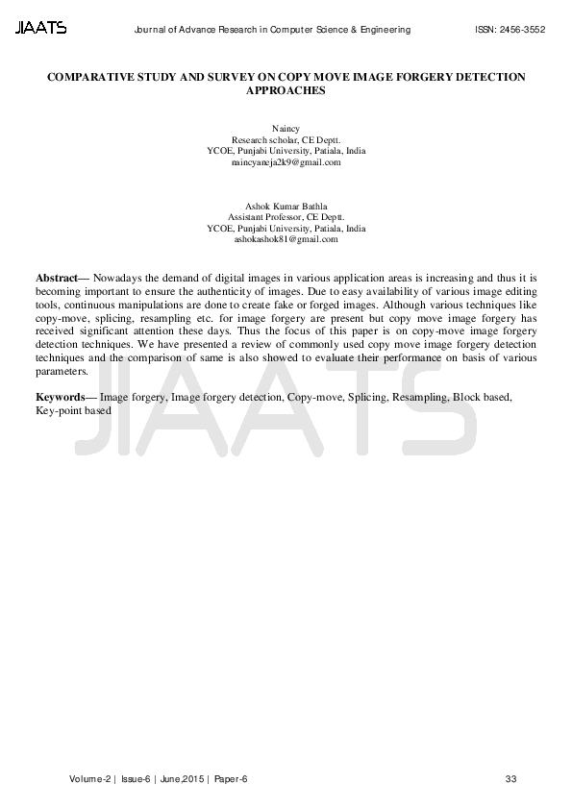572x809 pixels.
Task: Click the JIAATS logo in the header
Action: click(x=41, y=29)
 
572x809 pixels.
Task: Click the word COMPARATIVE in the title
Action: click(x=91, y=76)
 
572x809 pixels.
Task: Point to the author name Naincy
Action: click(x=286, y=128)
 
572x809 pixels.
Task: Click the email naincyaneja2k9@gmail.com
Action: click(x=286, y=162)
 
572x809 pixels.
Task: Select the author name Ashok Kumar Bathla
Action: click(x=286, y=206)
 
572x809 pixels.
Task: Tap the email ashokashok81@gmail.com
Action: click(x=286, y=240)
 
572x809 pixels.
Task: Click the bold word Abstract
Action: click(x=56, y=277)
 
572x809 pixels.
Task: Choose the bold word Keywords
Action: click(x=59, y=397)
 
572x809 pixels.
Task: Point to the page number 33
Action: click(x=510, y=778)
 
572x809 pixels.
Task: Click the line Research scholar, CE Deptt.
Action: click(x=286, y=139)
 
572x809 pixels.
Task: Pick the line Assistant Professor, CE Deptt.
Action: click(x=286, y=217)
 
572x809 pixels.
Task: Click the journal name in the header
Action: click(x=276, y=30)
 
